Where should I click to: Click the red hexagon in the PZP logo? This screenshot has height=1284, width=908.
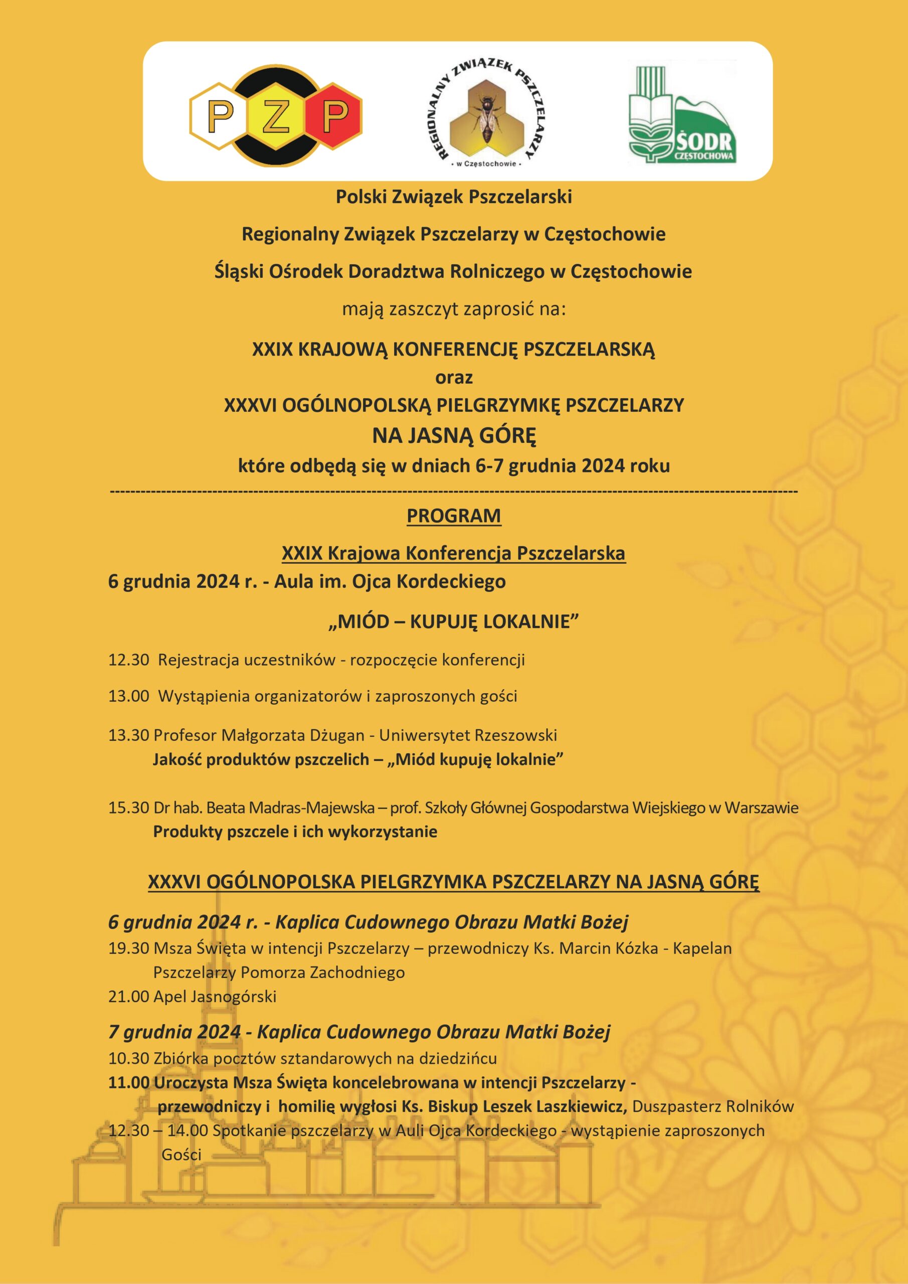(336, 115)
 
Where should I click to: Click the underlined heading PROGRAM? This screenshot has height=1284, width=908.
(453, 516)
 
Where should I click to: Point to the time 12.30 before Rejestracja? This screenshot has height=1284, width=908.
(128, 660)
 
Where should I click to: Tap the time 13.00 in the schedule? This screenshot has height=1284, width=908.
(128, 696)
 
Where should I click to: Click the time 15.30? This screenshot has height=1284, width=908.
(128, 808)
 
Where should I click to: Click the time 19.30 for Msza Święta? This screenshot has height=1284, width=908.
(128, 948)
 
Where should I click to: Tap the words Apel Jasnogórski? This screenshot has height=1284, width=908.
(215, 997)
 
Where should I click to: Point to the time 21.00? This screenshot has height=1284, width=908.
(128, 997)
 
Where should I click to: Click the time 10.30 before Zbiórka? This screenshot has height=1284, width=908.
(128, 1058)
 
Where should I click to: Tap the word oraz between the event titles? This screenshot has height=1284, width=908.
(453, 378)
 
